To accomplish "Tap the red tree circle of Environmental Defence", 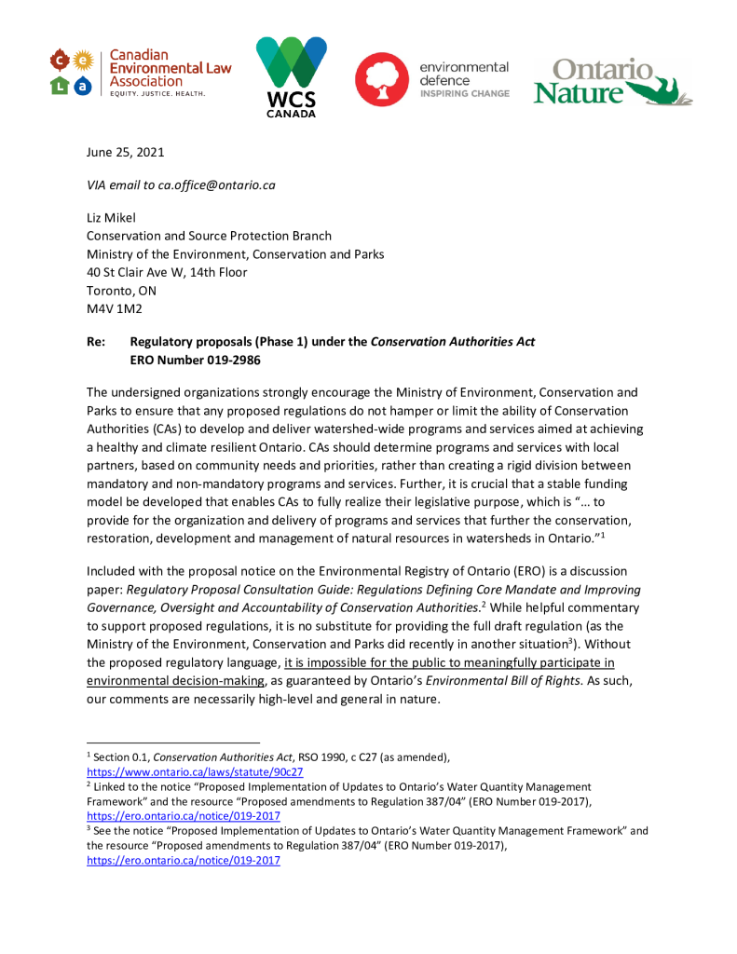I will [382, 79].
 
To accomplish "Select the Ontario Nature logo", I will [611, 82].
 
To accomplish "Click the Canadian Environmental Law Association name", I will [171, 68].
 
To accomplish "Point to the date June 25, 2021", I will [125, 152].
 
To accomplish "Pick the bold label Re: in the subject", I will [96, 342].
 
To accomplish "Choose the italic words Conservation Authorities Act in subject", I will [453, 342].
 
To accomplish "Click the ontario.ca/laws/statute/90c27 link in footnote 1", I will [195, 772].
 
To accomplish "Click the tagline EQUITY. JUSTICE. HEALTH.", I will [157, 95].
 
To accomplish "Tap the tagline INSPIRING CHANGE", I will [465, 94].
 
